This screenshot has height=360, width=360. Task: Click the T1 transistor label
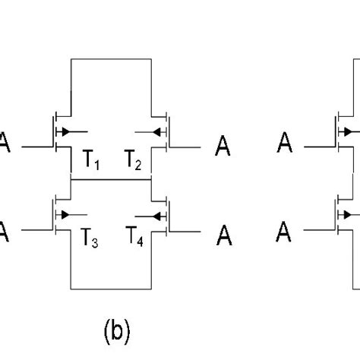click(x=92, y=160)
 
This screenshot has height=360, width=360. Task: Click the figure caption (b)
click(x=118, y=331)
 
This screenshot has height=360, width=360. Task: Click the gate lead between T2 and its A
click(x=186, y=146)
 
